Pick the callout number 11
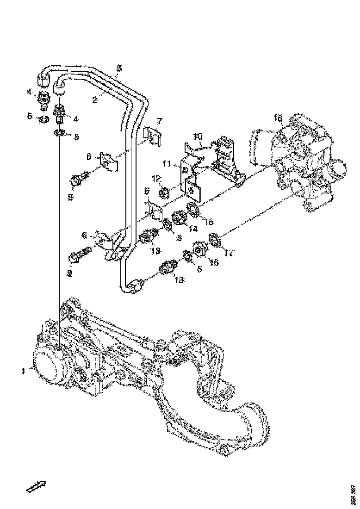click(167, 163)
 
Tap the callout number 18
click(278, 119)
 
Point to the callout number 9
click(69, 273)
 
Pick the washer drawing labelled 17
click(214, 240)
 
